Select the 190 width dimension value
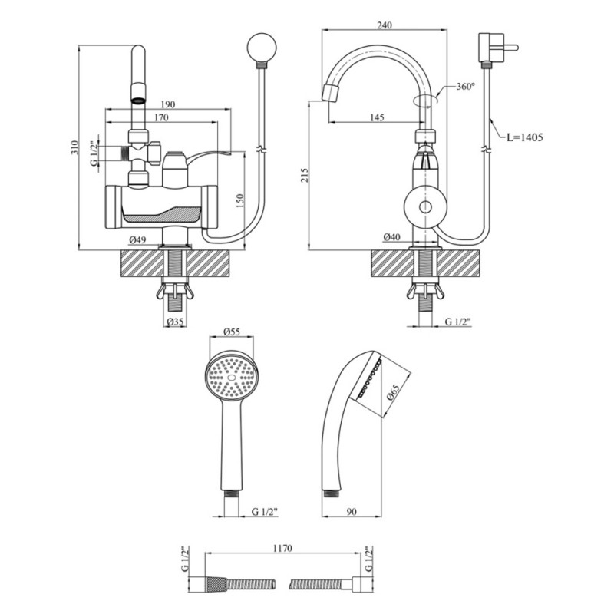(x=168, y=104)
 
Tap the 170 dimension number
(x=161, y=118)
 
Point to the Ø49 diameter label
(x=137, y=239)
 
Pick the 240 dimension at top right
(x=385, y=25)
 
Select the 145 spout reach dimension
(x=376, y=117)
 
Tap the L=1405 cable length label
(x=524, y=137)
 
